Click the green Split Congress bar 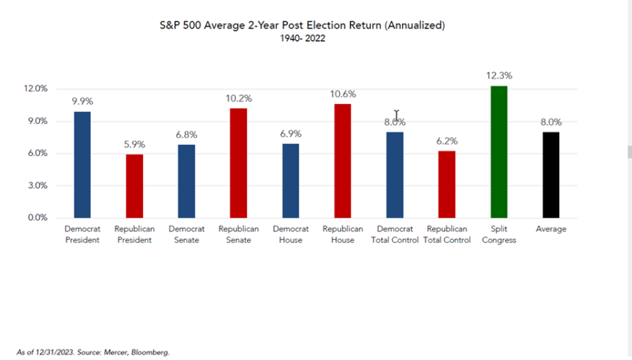[x=499, y=152]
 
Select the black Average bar [x=551, y=175]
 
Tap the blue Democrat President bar [x=82, y=164]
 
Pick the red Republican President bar [x=134, y=186]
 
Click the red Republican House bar [x=342, y=160]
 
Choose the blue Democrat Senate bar [x=186, y=181]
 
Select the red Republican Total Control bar [x=447, y=184]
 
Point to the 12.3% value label [x=499, y=76]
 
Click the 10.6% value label [x=342, y=94]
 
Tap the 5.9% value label [x=134, y=145]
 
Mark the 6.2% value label [x=447, y=141]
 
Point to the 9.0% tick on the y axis [x=38, y=121]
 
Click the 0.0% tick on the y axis [x=38, y=217]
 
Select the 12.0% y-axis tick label [x=36, y=89]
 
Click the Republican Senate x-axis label [x=238, y=235]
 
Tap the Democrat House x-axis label [x=290, y=235]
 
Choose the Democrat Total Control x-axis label [x=395, y=235]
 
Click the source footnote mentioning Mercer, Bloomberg [x=93, y=352]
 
